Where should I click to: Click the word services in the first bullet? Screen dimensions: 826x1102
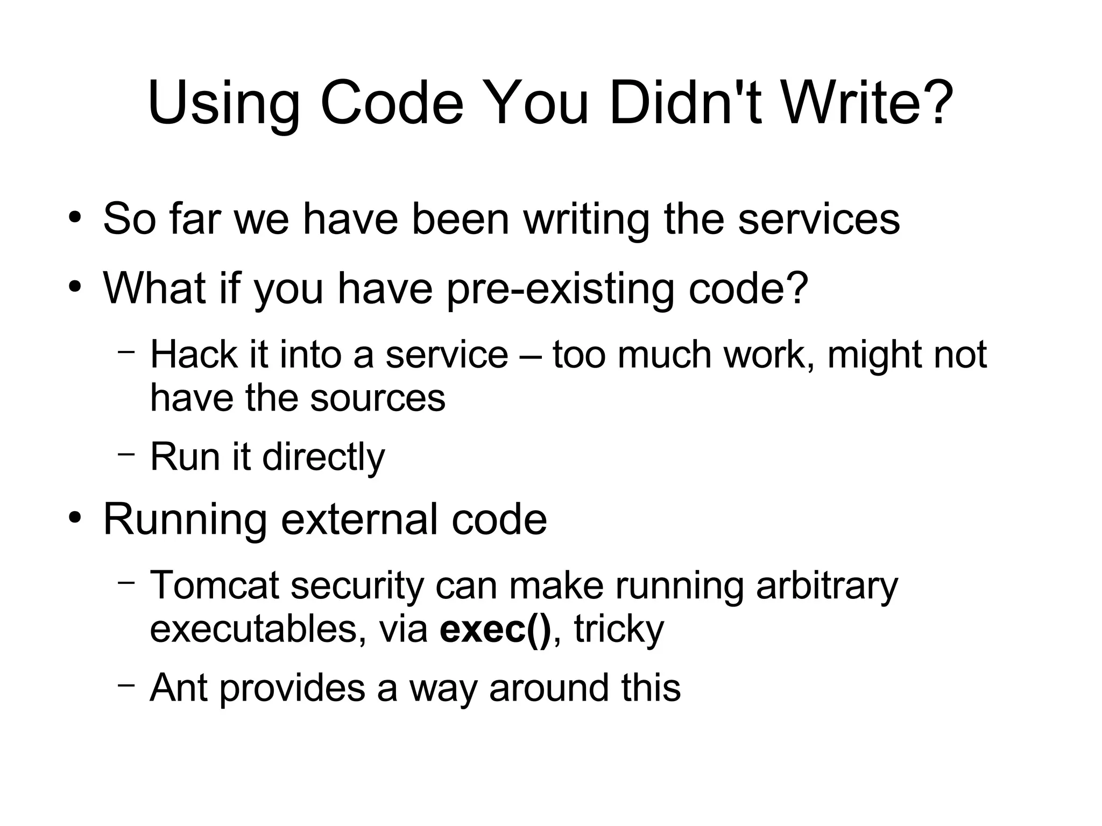818,220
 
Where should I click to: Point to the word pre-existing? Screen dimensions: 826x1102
560,289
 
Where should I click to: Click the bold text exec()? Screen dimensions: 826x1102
495,628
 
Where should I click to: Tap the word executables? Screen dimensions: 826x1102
253,628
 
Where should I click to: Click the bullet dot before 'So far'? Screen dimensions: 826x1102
75,218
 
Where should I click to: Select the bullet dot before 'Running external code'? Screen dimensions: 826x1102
75,518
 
